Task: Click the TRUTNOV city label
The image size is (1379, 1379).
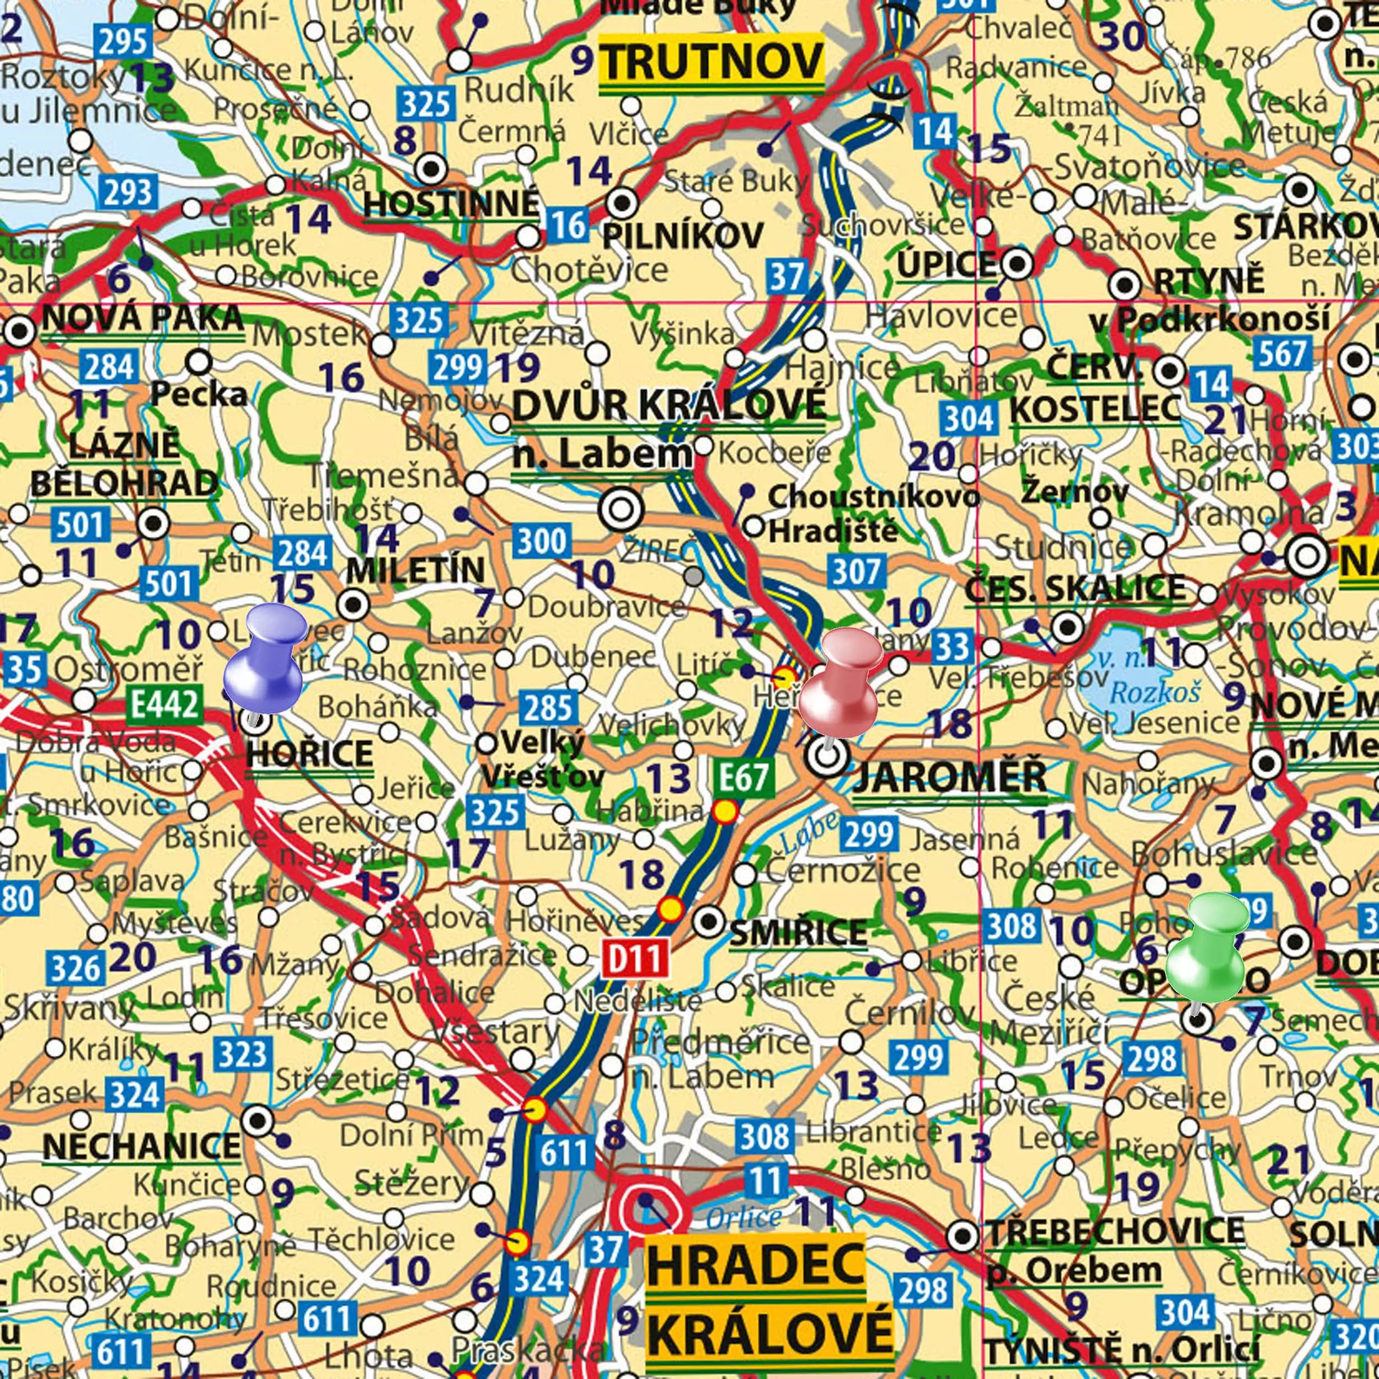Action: pos(711,62)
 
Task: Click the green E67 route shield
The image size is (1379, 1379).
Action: pos(744,777)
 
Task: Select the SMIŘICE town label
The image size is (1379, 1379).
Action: pos(798,932)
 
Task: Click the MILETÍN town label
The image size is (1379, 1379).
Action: pos(415,570)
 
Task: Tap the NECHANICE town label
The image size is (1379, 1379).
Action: pos(141,1146)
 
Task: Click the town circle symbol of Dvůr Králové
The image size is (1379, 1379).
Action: pos(621,510)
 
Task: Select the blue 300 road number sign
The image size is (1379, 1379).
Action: pos(542,541)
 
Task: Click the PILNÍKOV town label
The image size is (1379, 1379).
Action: pos(682,236)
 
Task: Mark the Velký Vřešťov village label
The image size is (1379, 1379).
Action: pos(542,759)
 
